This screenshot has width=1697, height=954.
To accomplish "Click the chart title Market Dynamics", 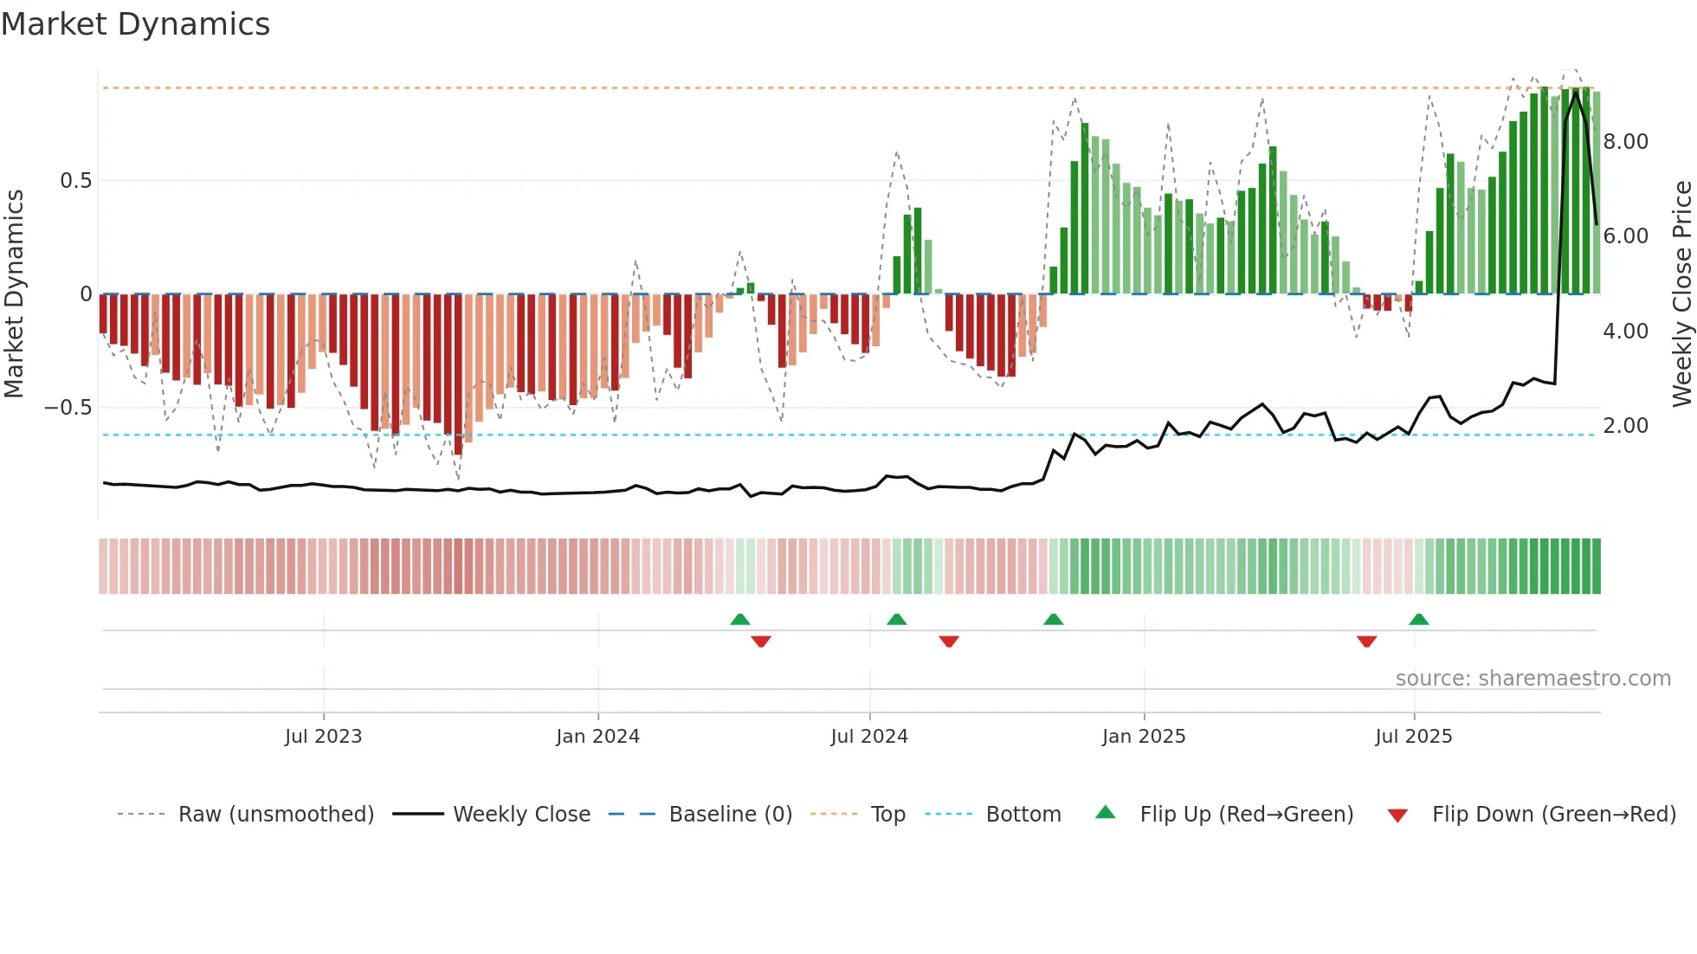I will pos(135,24).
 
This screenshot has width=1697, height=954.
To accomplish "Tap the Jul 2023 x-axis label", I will pos(323,737).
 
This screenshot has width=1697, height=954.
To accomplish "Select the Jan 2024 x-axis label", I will pos(597,737).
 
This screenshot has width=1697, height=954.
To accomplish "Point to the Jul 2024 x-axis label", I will pos(869,737).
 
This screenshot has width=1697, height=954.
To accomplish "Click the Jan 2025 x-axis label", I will pos(1144,737).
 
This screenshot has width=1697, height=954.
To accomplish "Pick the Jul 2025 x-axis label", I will pos(1414,737).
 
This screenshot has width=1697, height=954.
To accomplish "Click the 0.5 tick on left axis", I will pos(75,181).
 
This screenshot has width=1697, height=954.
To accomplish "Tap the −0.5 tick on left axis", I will pos(68,408).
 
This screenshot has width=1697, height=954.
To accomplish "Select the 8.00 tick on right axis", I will pos(1625,142).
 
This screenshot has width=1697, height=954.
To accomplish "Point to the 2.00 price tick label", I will pos(1625,426).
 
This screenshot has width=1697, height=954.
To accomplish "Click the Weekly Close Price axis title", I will pos(1681,294).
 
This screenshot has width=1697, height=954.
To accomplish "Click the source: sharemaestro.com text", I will pos(1532,679).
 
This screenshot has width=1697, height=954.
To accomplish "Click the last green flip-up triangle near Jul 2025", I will pos(1418,620).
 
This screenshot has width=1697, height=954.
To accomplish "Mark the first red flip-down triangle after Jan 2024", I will pos(761,641).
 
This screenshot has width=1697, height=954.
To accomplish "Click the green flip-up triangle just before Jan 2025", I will pos(1053,620).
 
